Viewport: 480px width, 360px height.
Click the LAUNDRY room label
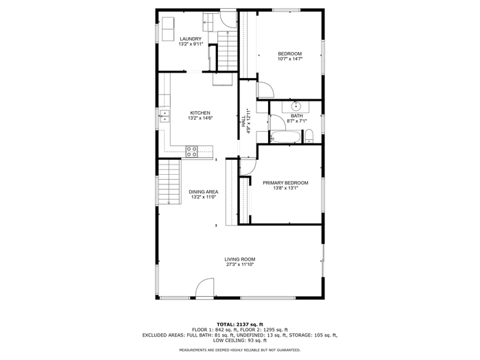coord(191,39)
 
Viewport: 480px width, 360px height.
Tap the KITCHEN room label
coord(200,113)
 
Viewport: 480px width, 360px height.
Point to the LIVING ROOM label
coord(240,259)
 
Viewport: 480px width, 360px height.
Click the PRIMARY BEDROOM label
coord(286,183)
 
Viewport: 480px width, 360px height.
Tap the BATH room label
coord(297,116)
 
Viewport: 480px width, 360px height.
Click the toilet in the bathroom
coord(309,136)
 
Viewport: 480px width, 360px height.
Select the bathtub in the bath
coord(285,137)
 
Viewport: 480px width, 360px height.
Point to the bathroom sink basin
coord(296,106)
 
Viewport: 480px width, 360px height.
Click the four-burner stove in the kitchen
coord(191,152)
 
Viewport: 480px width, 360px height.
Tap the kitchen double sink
coord(165,116)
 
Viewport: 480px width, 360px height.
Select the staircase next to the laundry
coord(228,51)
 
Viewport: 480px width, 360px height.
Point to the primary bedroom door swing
coord(248,167)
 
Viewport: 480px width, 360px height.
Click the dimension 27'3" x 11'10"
coord(240,265)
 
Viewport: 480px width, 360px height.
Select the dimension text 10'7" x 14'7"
coord(290,59)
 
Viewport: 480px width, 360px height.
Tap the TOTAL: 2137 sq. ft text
coord(240,324)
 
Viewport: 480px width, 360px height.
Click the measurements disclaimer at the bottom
coord(240,350)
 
